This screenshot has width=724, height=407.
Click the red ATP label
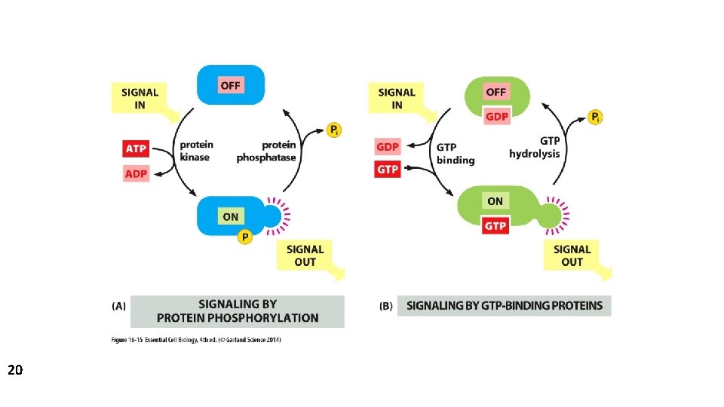[136, 148]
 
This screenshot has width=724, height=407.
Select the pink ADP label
[136, 174]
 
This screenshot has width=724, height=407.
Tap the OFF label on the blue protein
[230, 85]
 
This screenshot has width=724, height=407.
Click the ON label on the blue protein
[230, 216]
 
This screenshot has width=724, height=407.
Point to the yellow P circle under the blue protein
[244, 238]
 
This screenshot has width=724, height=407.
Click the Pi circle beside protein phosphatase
[334, 130]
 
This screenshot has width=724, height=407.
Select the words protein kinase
[196, 151]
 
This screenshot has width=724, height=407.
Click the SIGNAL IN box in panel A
[140, 99]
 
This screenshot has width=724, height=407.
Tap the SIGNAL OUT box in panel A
[305, 256]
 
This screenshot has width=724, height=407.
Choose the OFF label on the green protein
[496, 92]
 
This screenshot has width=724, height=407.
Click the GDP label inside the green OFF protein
[496, 116]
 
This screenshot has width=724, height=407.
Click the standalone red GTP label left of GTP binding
[388, 170]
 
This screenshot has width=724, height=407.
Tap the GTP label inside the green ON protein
[495, 225]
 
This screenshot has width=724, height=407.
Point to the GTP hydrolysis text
[535, 147]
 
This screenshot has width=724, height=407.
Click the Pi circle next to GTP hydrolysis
[596, 117]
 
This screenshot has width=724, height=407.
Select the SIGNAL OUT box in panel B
[572, 256]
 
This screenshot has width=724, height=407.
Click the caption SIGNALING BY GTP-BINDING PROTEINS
[505, 306]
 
